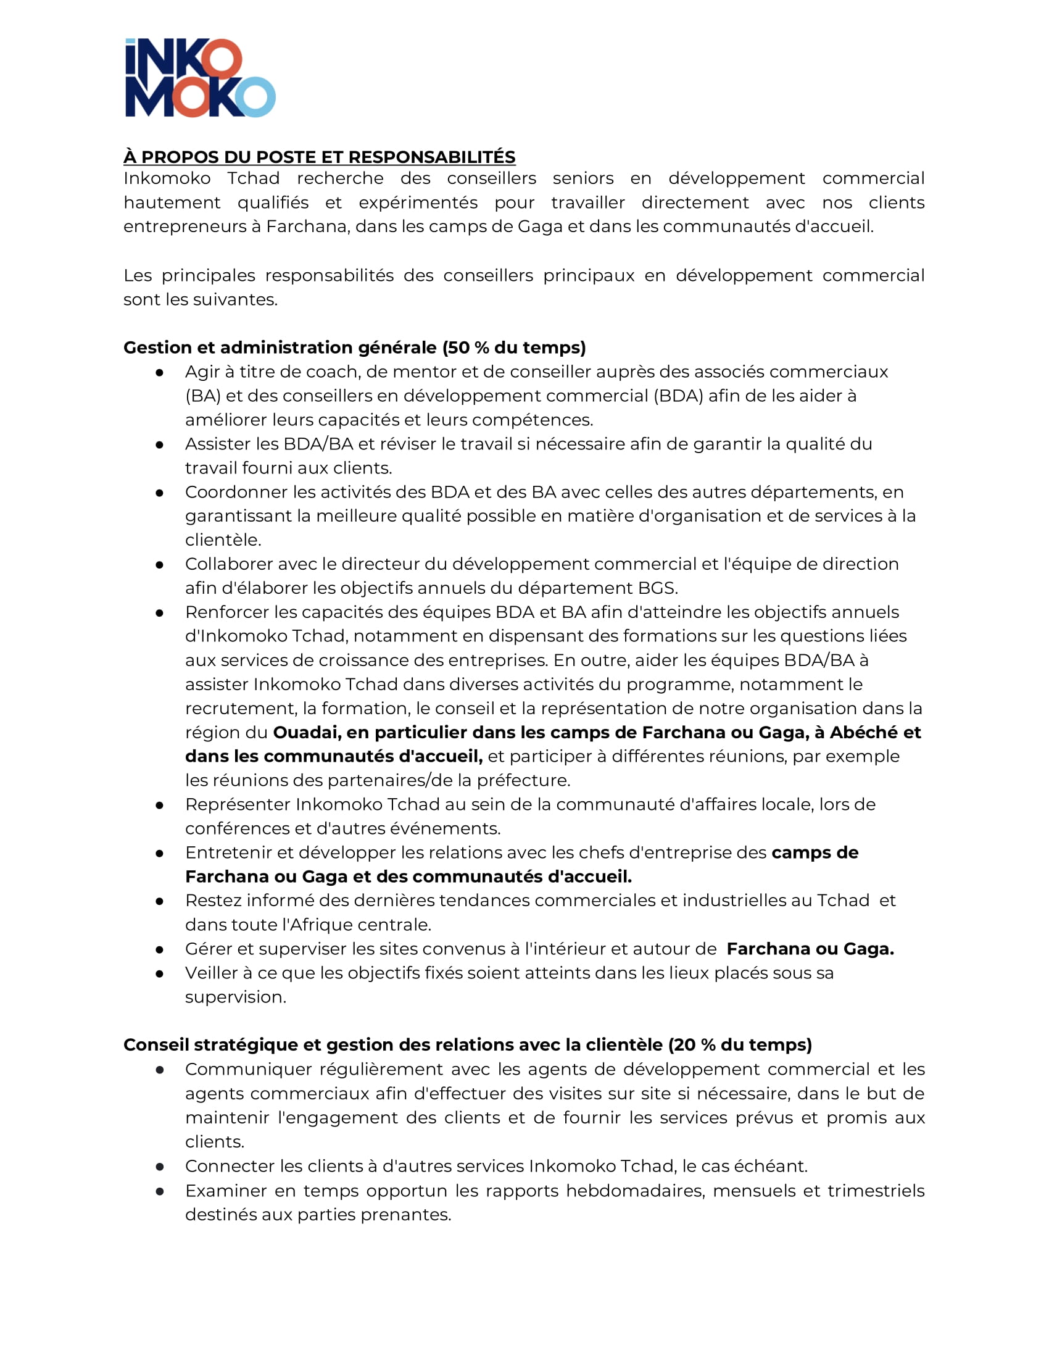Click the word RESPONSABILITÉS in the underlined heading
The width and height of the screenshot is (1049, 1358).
click(x=431, y=157)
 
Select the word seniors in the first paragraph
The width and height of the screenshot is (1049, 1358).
click(x=583, y=178)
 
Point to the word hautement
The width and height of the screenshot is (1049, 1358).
click(x=172, y=202)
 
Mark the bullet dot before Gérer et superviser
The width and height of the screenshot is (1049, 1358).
click(x=160, y=949)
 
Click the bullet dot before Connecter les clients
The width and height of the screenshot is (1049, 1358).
click(x=160, y=1167)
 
